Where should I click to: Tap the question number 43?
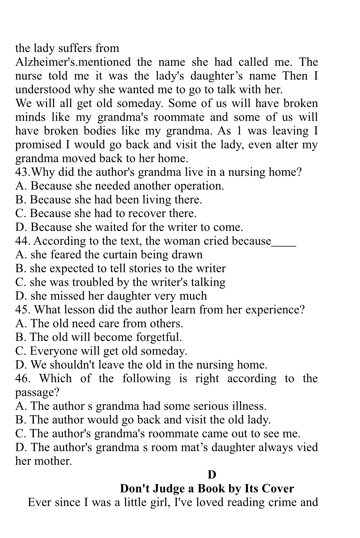(x=22, y=172)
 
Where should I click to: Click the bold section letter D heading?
(x=212, y=475)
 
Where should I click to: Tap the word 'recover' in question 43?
(x=147, y=213)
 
